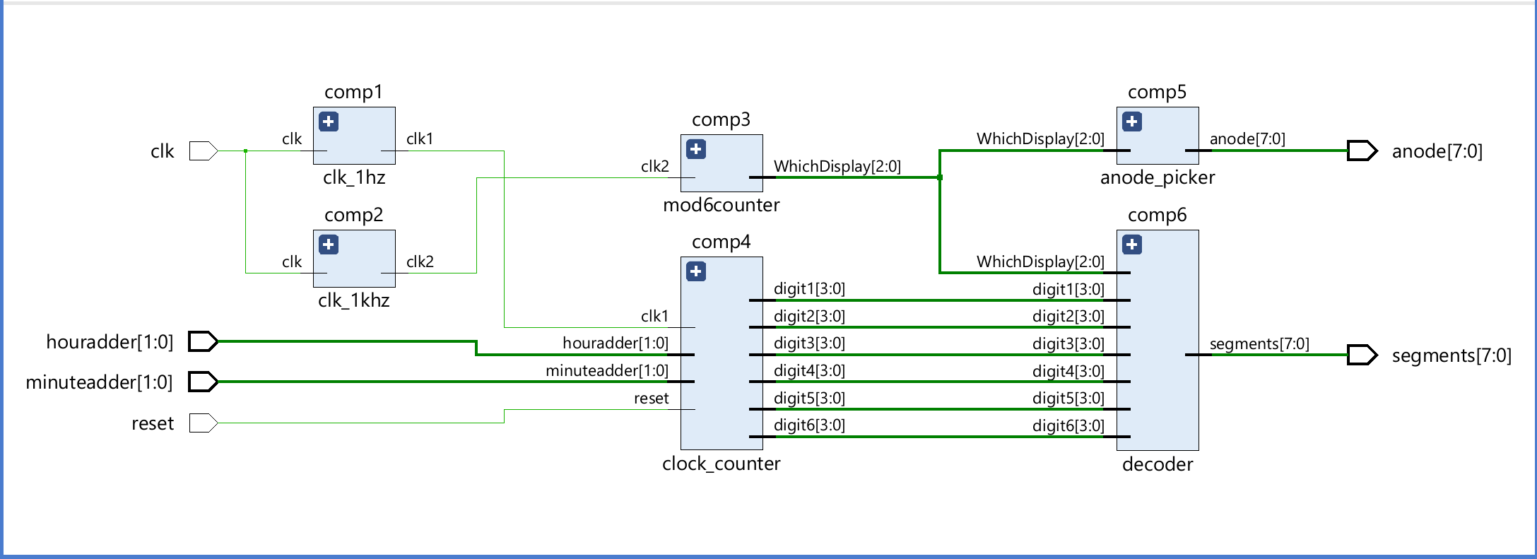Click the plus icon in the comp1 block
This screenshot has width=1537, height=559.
[329, 122]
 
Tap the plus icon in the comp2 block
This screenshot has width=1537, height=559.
[329, 245]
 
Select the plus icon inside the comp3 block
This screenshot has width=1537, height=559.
[696, 149]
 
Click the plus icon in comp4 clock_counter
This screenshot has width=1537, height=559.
[696, 271]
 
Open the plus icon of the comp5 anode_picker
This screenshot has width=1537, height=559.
[1132, 122]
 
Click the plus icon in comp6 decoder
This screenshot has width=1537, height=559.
[1132, 245]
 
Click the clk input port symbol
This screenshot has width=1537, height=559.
[203, 151]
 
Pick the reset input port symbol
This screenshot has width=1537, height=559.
[203, 423]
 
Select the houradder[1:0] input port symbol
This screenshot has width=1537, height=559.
[203, 342]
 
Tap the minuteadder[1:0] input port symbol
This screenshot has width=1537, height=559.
[203, 382]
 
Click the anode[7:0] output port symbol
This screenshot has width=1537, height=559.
[1362, 151]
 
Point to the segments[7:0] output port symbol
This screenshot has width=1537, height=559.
[1362, 355]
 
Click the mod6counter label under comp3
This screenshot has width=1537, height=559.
[721, 205]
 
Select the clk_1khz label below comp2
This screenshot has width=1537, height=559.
[353, 300]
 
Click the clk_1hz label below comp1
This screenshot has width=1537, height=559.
[353, 177]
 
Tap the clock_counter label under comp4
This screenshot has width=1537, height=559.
[721, 464]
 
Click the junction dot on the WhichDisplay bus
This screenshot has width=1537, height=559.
[939, 177]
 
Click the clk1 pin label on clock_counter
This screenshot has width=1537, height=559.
[654, 316]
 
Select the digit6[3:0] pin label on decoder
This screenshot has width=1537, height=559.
[1068, 425]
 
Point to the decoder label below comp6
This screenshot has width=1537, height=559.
[1157, 464]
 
